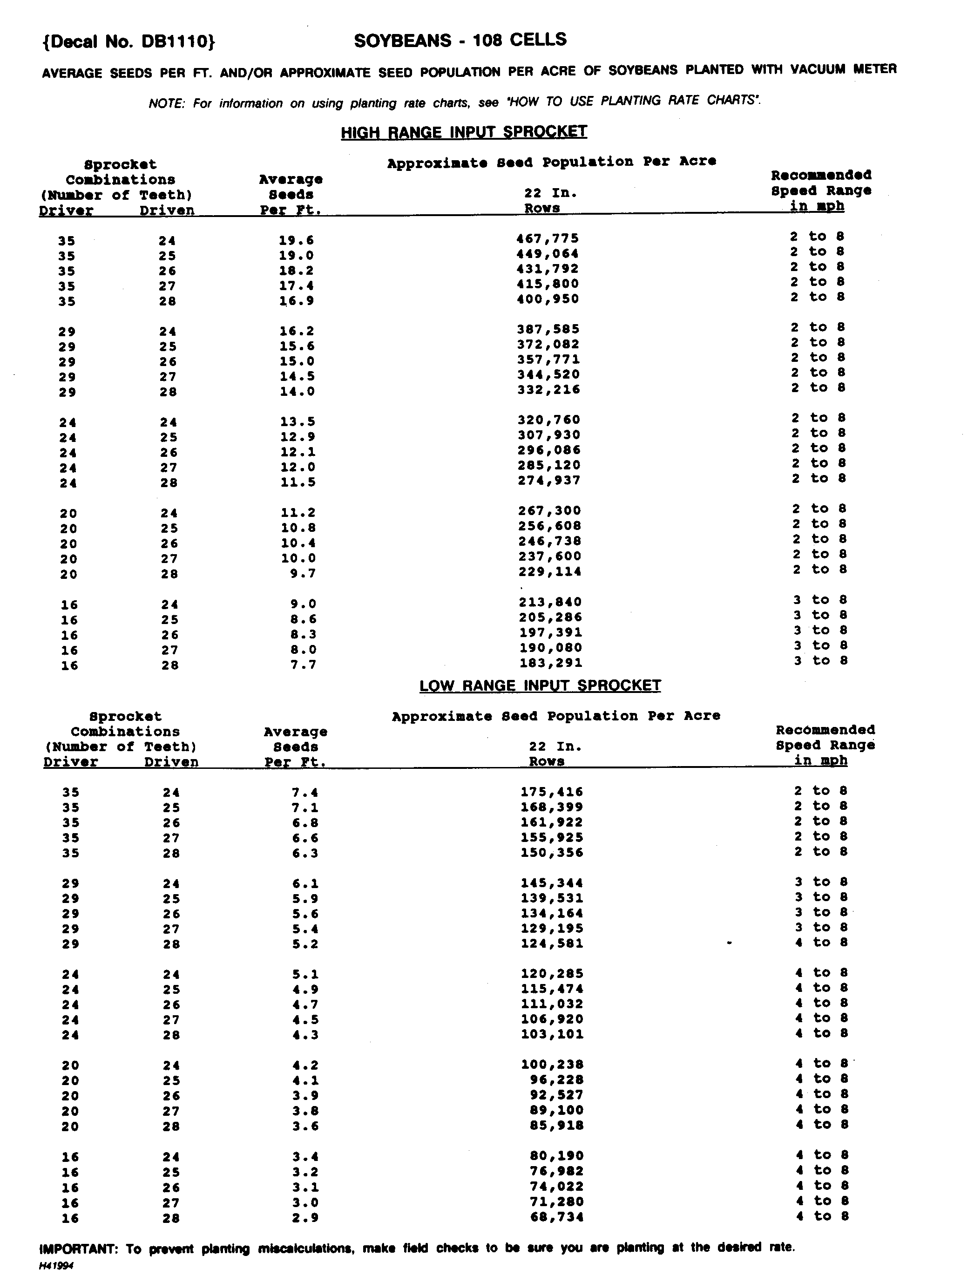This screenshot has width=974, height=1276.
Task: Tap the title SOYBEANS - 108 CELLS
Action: (x=460, y=40)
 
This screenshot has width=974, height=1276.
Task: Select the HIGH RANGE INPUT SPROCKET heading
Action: (x=464, y=132)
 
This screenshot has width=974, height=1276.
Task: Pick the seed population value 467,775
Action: (x=548, y=238)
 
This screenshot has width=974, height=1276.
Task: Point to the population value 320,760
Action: (x=548, y=420)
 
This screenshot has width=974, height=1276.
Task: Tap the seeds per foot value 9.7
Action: (x=303, y=573)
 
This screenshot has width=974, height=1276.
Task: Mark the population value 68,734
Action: (x=556, y=1216)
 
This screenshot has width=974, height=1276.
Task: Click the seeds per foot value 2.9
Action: (x=305, y=1217)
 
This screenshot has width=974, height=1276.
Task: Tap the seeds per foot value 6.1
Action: (x=305, y=883)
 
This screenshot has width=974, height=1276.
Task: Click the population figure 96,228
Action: (x=556, y=1079)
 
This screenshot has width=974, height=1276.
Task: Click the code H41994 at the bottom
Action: (x=56, y=1266)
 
